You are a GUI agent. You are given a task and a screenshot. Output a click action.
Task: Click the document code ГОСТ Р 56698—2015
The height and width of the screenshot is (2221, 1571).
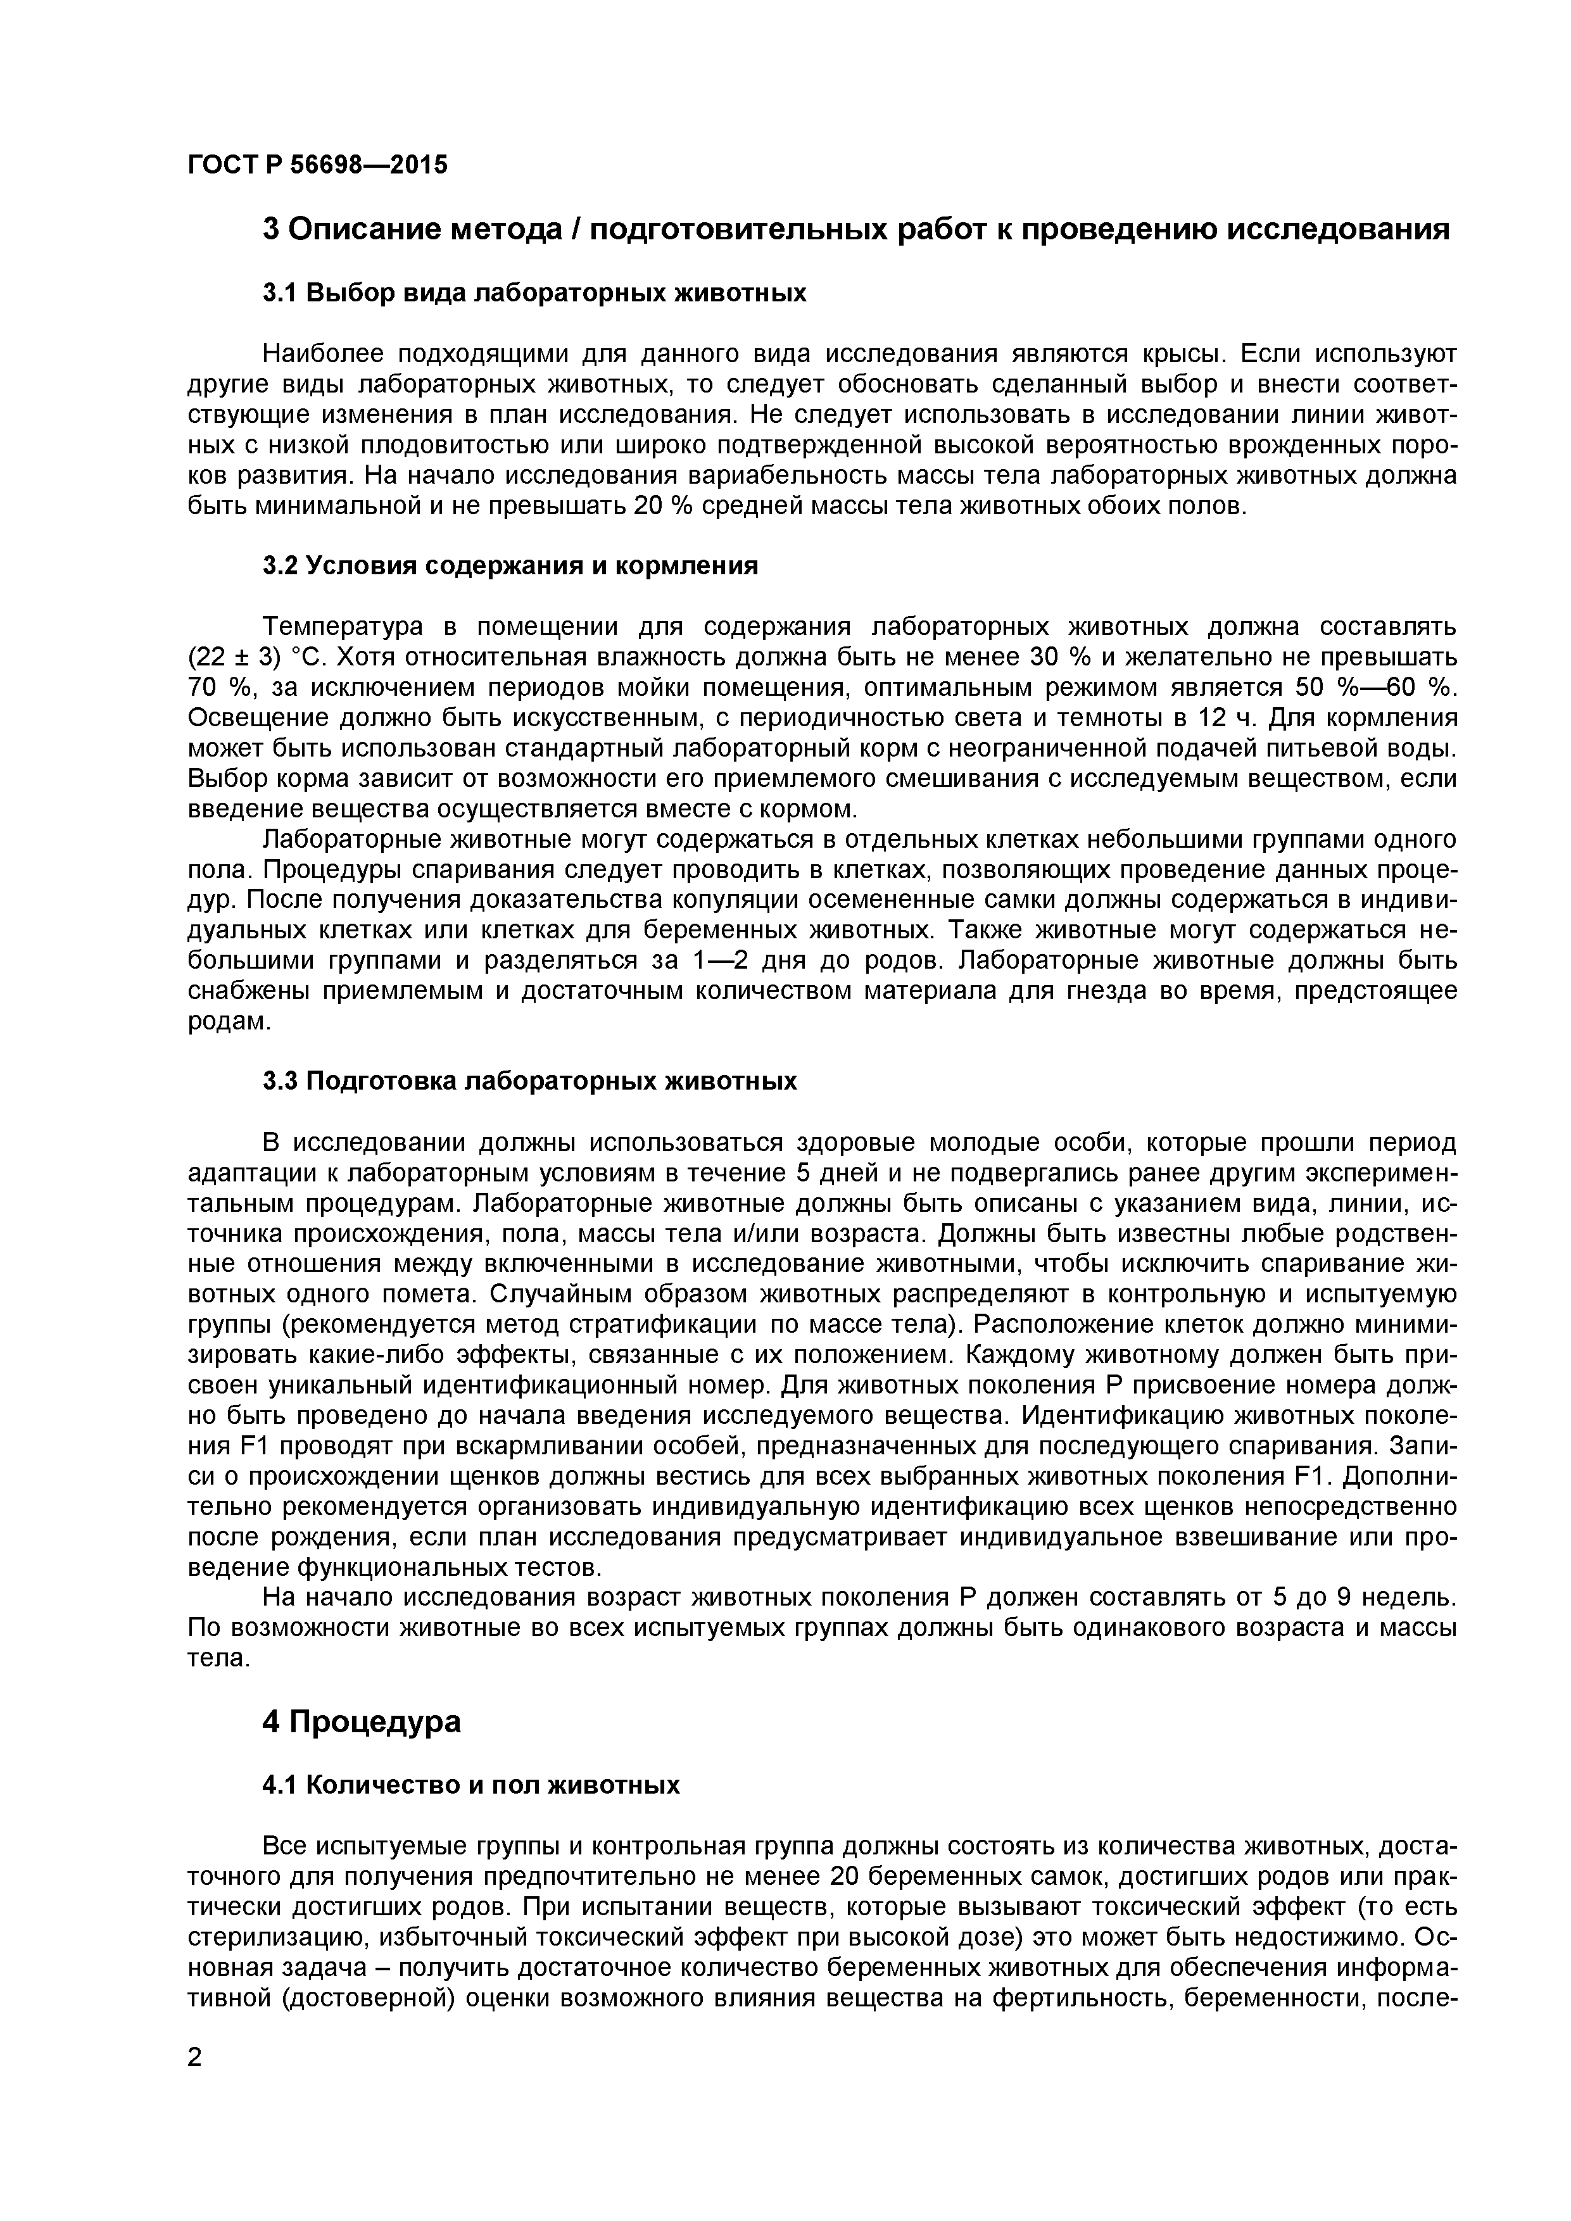point(317,165)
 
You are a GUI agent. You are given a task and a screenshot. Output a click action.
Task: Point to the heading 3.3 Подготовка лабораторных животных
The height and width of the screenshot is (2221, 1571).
point(529,1081)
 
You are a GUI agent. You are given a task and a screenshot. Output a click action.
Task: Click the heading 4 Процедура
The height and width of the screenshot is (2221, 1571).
point(361,1722)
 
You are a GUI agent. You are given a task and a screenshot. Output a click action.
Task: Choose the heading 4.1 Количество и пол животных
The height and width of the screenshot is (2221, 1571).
point(471,1785)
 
